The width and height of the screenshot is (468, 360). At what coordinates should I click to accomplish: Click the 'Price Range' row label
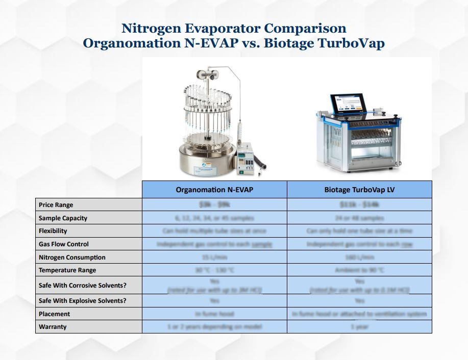[56, 205]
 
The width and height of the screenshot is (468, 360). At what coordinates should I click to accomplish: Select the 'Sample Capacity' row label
[63, 218]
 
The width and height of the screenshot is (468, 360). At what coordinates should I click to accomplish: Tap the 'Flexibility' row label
[53, 231]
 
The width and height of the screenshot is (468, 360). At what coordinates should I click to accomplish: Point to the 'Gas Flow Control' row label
[64, 244]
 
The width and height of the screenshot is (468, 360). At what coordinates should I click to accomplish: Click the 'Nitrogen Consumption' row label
[72, 258]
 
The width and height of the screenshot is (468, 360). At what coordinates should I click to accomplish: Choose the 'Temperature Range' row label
[67, 270]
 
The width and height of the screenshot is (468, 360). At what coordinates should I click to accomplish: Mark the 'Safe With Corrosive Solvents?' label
[82, 286]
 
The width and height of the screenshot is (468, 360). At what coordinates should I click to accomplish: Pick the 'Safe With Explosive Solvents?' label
[82, 301]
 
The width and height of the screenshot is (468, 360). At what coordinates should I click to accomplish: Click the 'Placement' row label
[55, 314]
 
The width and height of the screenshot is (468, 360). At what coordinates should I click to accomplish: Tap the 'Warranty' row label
[53, 327]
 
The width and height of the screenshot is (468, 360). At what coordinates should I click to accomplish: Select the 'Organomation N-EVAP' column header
[214, 190]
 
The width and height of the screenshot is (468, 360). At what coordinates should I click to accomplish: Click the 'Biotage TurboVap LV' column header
[359, 190]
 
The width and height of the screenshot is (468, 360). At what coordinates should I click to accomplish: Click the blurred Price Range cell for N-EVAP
[214, 205]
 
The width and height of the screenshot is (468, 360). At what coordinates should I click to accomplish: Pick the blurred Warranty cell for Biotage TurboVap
[359, 327]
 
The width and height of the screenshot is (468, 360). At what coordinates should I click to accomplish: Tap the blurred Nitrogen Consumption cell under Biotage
[359, 258]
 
